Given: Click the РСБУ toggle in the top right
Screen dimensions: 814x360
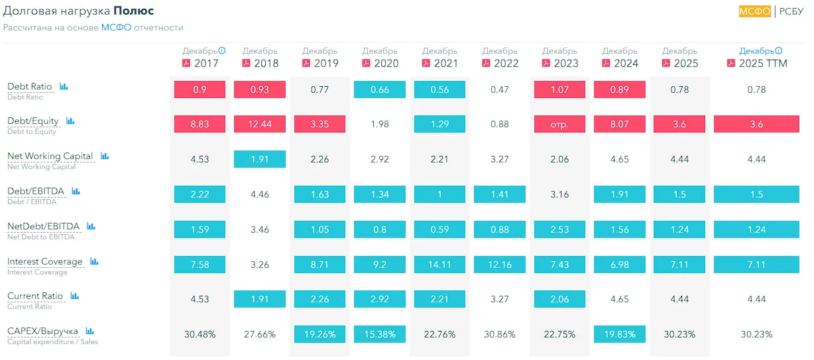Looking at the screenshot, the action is tap(791, 11).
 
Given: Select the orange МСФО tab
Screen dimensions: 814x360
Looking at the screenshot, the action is tap(755, 11).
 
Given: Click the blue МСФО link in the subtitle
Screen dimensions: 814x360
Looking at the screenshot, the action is tap(116, 28).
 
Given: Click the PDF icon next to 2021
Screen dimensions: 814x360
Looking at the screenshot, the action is tap(426, 63).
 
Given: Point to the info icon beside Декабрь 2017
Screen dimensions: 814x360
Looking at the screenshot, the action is tap(222, 50).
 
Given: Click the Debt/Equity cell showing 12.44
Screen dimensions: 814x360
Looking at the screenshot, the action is tap(259, 124).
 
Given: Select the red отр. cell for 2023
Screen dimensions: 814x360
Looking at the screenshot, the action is tap(559, 124).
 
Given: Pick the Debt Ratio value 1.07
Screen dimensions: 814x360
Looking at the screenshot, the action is tap(559, 90).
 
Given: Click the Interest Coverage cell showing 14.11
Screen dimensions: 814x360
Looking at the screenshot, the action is tap(439, 265).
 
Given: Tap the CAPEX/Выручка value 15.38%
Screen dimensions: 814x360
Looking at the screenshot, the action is tap(380, 334).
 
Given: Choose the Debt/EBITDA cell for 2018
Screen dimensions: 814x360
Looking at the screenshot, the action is tap(259, 194).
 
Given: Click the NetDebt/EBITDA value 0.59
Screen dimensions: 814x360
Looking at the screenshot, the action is tap(439, 229).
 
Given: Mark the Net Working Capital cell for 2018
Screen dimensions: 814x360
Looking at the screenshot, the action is tap(259, 159).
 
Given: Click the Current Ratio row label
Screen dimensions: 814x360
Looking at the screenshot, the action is tap(35, 296).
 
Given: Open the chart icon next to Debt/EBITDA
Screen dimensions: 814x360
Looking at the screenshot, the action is tap(76, 191).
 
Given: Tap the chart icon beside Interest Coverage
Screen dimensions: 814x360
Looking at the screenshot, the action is tap(94, 261).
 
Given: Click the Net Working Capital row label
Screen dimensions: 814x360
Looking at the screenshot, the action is tap(50, 156).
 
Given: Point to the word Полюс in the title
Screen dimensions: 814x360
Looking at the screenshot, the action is tap(133, 11).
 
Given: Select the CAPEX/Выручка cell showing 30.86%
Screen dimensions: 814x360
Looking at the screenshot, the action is tap(500, 334).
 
